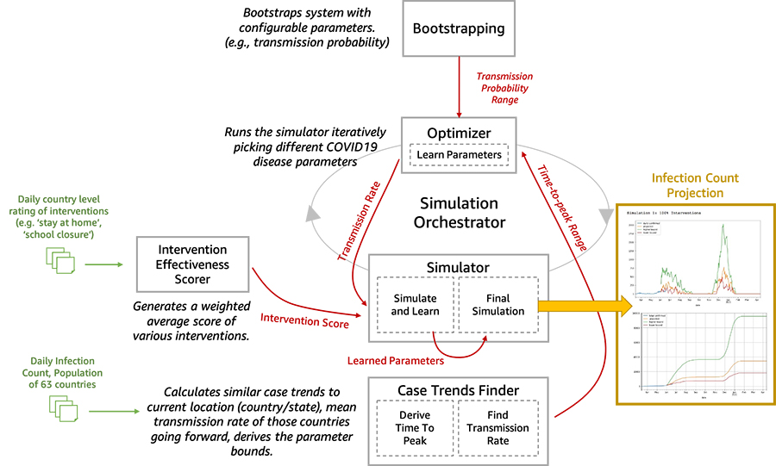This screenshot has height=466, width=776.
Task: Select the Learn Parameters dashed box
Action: tap(459, 155)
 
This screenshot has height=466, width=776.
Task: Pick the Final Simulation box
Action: tap(498, 305)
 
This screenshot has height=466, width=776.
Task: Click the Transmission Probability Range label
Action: tap(504, 89)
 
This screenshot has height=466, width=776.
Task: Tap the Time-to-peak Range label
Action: tap(565, 207)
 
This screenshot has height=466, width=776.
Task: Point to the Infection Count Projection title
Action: tap(695, 185)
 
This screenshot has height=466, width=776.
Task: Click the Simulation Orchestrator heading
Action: tap(459, 214)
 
